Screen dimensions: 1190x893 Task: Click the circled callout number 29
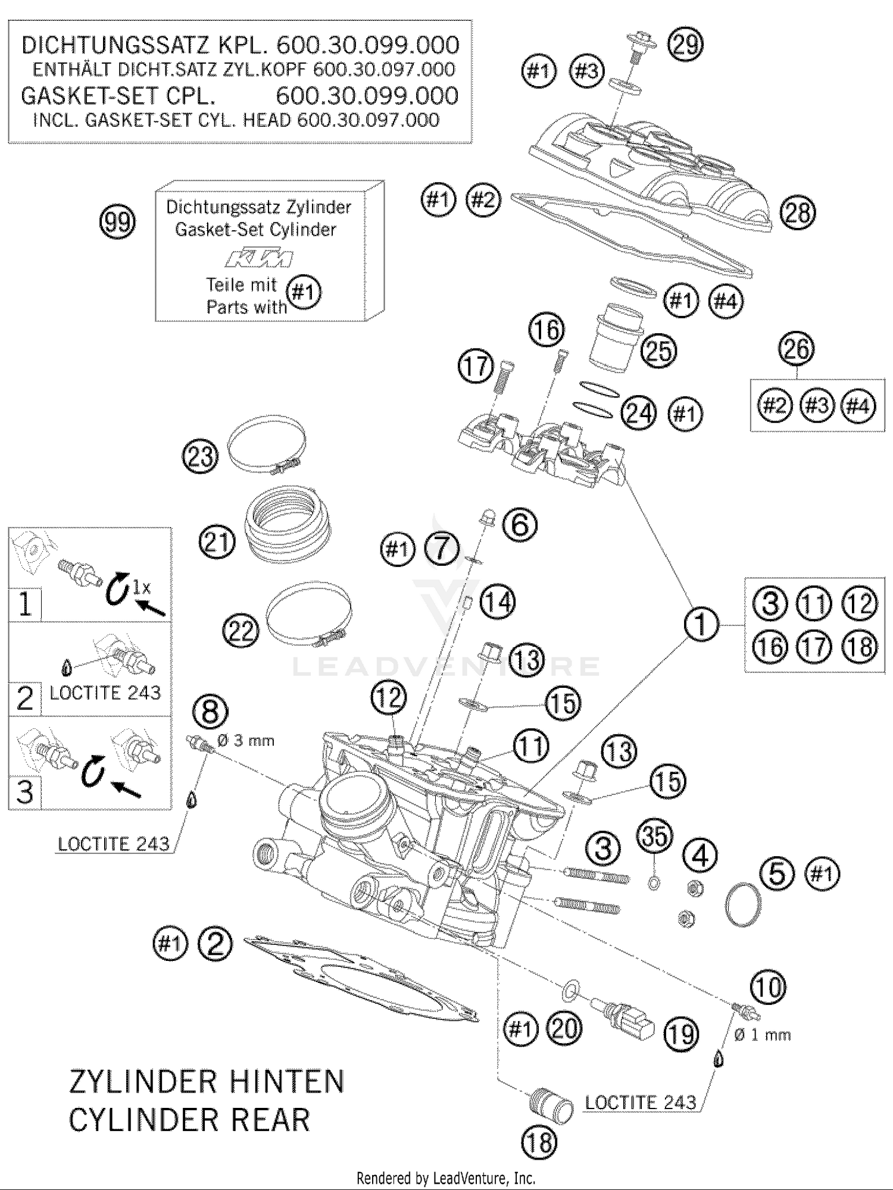point(685,45)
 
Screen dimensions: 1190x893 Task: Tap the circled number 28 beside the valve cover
point(797,212)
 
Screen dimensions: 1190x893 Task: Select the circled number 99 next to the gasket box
point(117,222)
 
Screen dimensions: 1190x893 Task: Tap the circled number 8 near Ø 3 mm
point(211,712)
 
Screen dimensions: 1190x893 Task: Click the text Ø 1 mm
point(762,1035)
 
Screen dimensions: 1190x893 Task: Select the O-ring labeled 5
point(744,904)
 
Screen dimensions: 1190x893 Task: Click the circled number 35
point(654,837)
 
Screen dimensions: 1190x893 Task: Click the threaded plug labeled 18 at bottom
point(551,1104)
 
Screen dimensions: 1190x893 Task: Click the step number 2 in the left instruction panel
point(25,698)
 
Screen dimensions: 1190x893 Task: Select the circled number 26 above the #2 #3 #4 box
point(797,349)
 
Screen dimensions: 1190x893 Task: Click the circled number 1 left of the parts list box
point(701,624)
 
